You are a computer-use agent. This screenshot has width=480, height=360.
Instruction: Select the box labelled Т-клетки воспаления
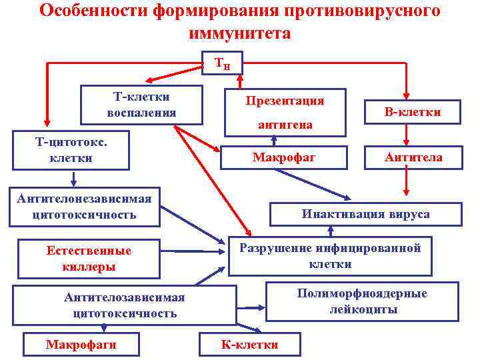[x=141, y=105]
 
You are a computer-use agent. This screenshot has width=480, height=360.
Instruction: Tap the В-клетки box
[x=412, y=113]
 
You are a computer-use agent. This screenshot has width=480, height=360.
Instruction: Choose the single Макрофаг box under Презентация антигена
[x=283, y=157]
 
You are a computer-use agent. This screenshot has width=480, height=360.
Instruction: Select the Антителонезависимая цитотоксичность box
[x=84, y=207]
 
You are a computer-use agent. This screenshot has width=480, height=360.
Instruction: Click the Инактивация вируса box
[x=365, y=214]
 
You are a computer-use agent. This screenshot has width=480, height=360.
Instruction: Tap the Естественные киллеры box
[x=89, y=259]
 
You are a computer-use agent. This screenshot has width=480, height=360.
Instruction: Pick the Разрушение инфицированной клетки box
[x=330, y=256]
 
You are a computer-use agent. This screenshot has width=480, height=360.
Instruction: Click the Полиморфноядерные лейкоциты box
[x=363, y=301]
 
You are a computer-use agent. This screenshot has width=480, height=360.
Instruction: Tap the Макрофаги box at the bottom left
[x=81, y=344]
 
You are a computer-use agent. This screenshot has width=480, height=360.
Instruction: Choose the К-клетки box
[x=250, y=344]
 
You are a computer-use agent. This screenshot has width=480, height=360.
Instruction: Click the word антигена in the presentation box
[x=285, y=125]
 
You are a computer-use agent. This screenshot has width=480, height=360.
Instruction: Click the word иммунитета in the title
[x=240, y=33]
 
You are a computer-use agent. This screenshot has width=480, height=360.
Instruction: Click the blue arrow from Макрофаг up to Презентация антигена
[x=274, y=141]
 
